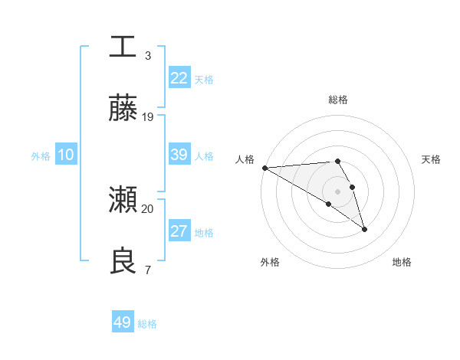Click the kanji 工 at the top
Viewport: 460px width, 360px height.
pyautogui.click(x=123, y=46)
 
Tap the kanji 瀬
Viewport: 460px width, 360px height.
pyautogui.click(x=123, y=200)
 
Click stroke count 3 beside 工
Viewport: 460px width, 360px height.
pyautogui.click(x=147, y=55)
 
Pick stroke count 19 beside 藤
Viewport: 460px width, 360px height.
pyautogui.click(x=148, y=116)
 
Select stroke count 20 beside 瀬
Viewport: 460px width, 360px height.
pyautogui.click(x=148, y=208)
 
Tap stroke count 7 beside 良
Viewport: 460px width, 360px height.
pyautogui.click(x=147, y=270)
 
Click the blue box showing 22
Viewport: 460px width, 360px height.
pyautogui.click(x=179, y=77)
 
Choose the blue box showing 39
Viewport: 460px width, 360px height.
pyautogui.click(x=179, y=155)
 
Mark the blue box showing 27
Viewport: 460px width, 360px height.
pyautogui.click(x=179, y=231)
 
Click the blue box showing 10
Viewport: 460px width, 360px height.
pyautogui.click(x=66, y=155)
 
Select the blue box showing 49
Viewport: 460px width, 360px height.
pyautogui.click(x=123, y=322)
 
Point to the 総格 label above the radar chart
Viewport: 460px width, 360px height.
pyautogui.click(x=337, y=100)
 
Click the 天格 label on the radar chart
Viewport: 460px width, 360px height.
pyautogui.click(x=431, y=159)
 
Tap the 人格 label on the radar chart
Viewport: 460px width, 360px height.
pyautogui.click(x=245, y=159)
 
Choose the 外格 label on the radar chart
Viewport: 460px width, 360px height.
pyautogui.click(x=270, y=262)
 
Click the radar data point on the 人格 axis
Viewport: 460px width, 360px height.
pyautogui.click(x=264, y=168)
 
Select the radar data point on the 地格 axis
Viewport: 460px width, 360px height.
pyautogui.click(x=364, y=228)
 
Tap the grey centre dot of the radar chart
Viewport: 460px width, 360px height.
pyautogui.click(x=337, y=191)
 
